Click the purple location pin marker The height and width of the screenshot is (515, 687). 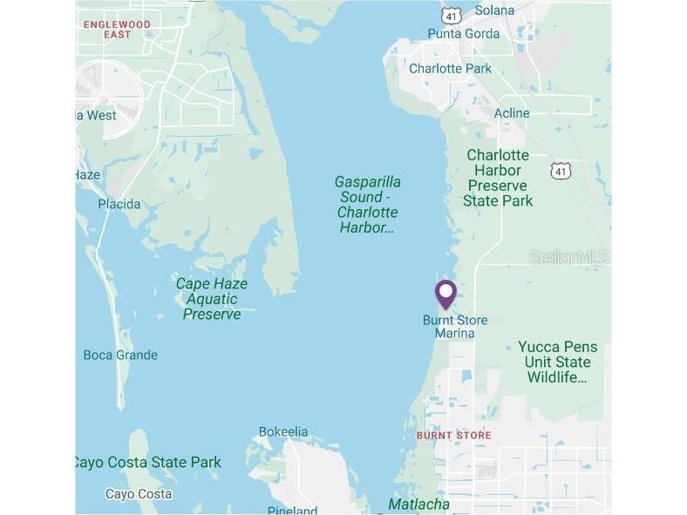446,294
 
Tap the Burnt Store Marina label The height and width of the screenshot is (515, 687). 455,327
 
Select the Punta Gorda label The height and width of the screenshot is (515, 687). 463,34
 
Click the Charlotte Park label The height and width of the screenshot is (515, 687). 450,68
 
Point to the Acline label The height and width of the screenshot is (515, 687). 512,113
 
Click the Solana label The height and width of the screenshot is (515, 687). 494,10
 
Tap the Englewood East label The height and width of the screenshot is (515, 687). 117,29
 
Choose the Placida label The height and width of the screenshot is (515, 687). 119,204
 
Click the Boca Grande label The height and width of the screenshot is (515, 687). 120,355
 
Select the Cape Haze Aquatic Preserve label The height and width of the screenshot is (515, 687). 212,299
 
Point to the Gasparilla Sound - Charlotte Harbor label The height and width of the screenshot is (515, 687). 368,205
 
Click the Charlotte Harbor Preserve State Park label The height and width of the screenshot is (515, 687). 498,178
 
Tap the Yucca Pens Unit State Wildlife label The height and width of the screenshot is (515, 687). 558,362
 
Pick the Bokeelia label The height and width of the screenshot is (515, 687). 283,432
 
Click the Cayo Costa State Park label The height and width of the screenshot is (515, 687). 148,462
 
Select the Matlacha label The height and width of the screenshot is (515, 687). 419,504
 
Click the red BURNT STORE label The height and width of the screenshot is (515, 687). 453,435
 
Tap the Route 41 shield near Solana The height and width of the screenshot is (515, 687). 450,16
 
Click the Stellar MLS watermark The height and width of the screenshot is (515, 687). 568,257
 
